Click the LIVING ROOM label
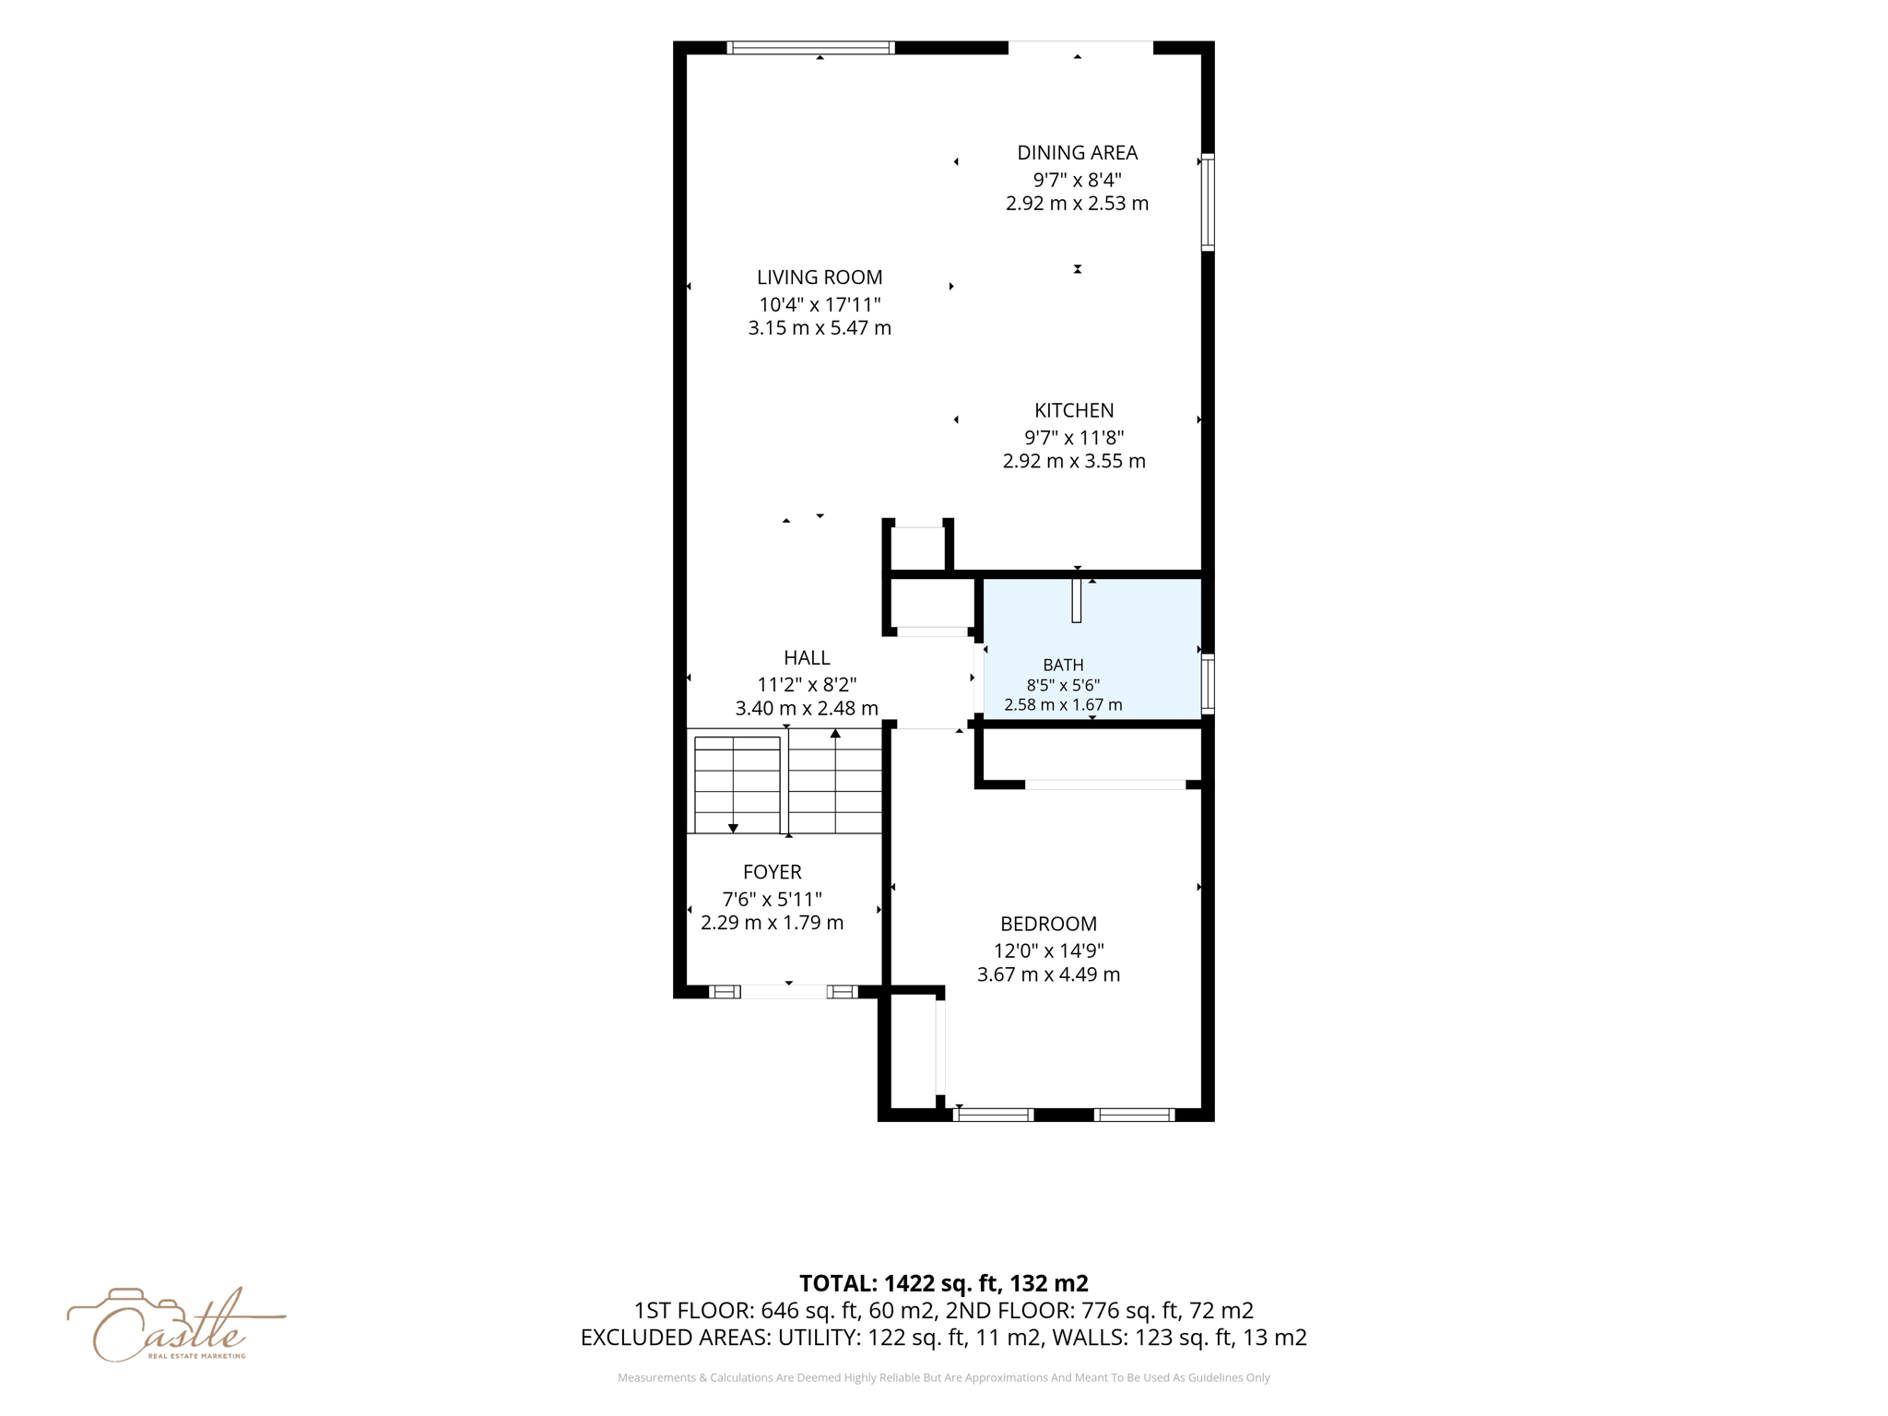coord(820,277)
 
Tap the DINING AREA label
coord(1077,153)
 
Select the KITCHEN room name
coord(1074,410)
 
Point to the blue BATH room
coord(1092,649)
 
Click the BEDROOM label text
coord(1048,924)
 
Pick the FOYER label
coord(772,872)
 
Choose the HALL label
coord(807,657)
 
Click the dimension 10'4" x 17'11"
coord(820,304)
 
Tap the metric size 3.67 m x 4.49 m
coord(1048,974)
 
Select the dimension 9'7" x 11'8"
coord(1074,438)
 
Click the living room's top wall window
coord(810,48)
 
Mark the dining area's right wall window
coord(1208,202)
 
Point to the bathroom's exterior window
coord(1208,683)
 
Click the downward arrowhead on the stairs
coord(733,829)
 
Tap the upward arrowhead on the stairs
coord(835,734)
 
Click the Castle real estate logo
coord(175,1325)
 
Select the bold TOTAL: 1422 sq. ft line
coord(943,1283)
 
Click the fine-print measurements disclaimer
coord(943,1377)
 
